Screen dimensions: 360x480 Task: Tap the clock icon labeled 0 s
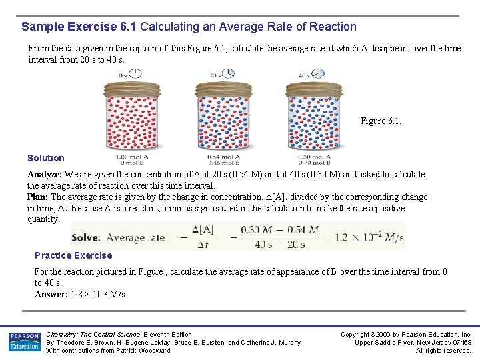pyautogui.click(x=136, y=73)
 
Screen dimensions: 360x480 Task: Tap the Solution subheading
pyautogui.click(x=46, y=158)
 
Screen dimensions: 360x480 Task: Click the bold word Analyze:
pyautogui.click(x=45, y=175)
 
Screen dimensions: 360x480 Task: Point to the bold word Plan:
pyautogui.click(x=38, y=197)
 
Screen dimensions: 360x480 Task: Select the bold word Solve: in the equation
pyautogui.click(x=86, y=237)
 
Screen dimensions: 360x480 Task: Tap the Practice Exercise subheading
pyautogui.click(x=73, y=255)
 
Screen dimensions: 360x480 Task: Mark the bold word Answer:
pyautogui.click(x=51, y=294)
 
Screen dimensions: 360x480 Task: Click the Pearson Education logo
pyautogui.click(x=24, y=342)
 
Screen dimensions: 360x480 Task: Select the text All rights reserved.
pyautogui.click(x=443, y=351)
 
